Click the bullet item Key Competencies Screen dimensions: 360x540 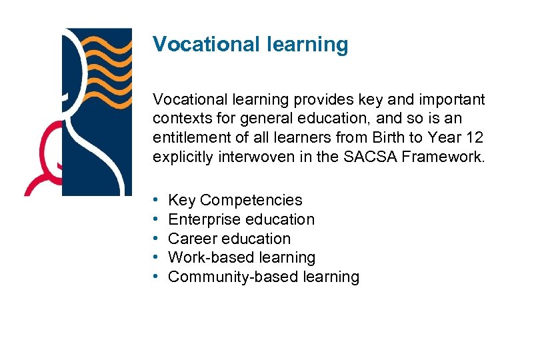[235, 200]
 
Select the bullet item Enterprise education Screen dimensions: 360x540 [241, 219]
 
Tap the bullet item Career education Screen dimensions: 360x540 [229, 239]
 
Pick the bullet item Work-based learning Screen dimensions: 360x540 [241, 257]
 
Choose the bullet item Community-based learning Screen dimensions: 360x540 [263, 277]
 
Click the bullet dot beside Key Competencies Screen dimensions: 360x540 [155, 200]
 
